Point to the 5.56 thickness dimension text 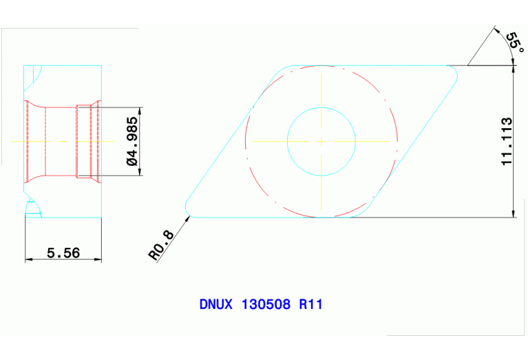(x=63, y=253)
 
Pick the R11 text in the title (x=310, y=304)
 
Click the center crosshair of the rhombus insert (x=321, y=141)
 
